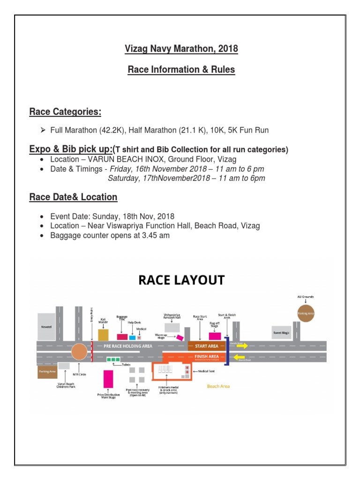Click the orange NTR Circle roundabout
pyautogui.click(x=79, y=352)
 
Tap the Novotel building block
pyautogui.click(x=47, y=326)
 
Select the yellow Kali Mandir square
pyautogui.click(x=103, y=334)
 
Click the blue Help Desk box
pyautogui.click(x=132, y=337)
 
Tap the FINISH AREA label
pyautogui.click(x=206, y=357)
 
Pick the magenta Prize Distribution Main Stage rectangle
pyautogui.click(x=108, y=379)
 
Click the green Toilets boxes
pyautogui.click(x=112, y=360)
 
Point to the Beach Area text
pyautogui.click(x=218, y=386)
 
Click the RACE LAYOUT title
pyautogui.click(x=181, y=280)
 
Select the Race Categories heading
pyautogui.click(x=65, y=112)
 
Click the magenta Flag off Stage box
pyautogui.click(x=215, y=336)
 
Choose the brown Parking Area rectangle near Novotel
pyautogui.click(x=47, y=372)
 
